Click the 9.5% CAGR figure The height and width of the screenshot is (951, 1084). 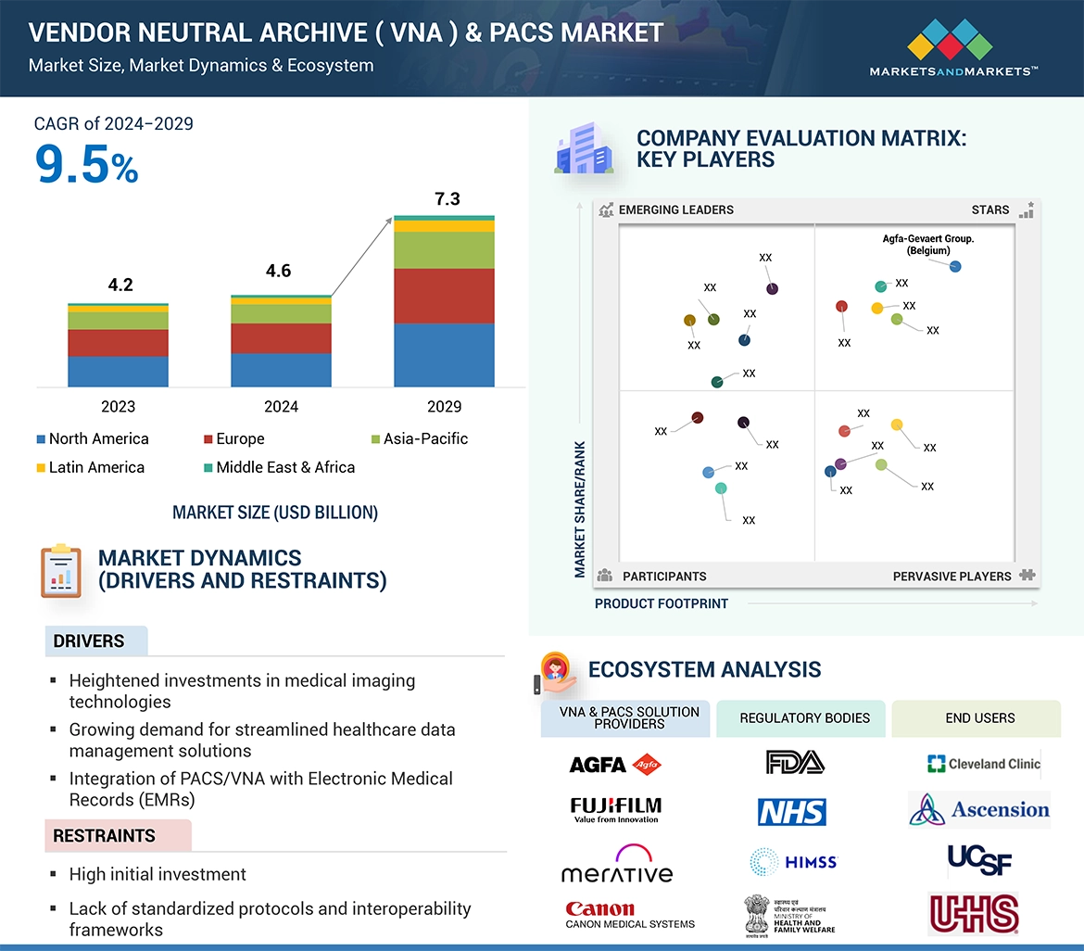tap(87, 164)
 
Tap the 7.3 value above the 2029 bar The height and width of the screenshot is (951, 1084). tap(447, 199)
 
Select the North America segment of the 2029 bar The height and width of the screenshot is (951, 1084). tap(444, 355)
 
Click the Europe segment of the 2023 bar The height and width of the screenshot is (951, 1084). tap(118, 343)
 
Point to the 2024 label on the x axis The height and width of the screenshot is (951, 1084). tap(281, 407)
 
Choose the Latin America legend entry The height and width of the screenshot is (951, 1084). tap(91, 467)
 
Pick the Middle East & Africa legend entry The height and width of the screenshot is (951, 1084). tap(279, 467)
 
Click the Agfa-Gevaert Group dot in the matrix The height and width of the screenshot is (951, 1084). tap(955, 267)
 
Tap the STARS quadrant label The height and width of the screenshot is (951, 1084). tap(989, 209)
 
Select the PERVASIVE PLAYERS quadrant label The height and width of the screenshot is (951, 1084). tap(952, 577)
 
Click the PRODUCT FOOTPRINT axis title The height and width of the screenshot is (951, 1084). tap(662, 603)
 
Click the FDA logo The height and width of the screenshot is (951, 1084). tap(795, 762)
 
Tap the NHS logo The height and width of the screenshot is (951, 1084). tap(792, 812)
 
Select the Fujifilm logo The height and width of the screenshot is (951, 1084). tap(616, 809)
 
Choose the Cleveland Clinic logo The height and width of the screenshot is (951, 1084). tap(983, 764)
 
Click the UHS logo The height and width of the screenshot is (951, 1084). tap(974, 914)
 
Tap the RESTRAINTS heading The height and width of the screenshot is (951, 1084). tap(104, 836)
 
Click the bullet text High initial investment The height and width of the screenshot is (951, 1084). tap(158, 874)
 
